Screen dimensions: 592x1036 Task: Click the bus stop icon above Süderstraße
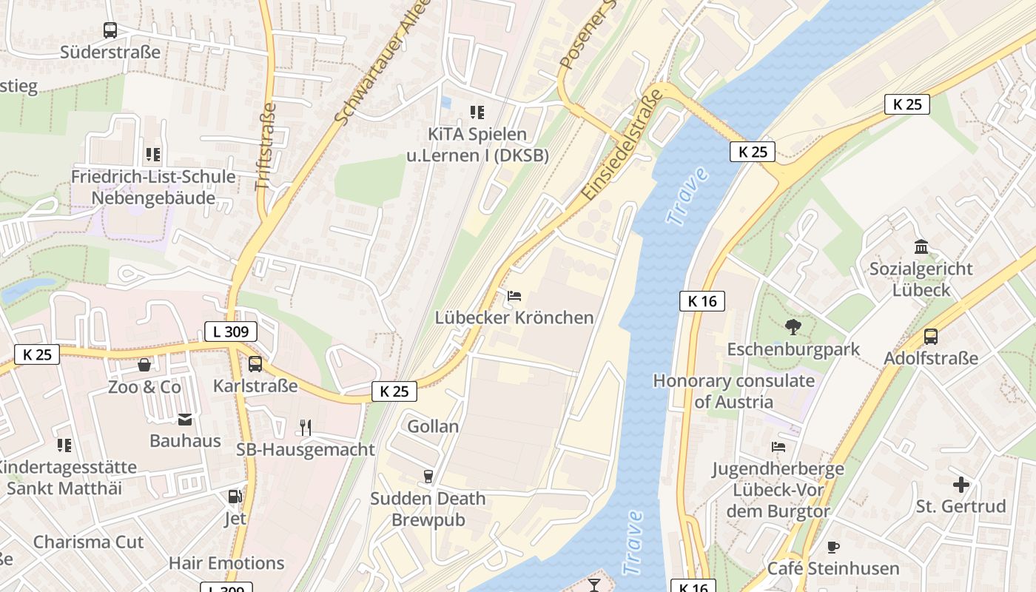click(110, 30)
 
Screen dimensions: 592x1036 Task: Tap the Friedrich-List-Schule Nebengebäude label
click(153, 187)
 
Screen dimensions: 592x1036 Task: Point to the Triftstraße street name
click(266, 147)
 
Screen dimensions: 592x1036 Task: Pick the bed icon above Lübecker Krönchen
click(514, 296)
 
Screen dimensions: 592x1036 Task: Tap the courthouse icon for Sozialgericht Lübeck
click(921, 246)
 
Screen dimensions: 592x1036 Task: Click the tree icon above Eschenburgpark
click(793, 326)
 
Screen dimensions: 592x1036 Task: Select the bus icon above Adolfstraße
click(931, 337)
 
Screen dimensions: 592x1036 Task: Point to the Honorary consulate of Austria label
click(733, 391)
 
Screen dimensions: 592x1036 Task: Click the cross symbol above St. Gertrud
click(961, 485)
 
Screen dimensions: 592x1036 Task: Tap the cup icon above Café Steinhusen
click(833, 547)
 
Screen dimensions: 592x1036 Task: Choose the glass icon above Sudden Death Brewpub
click(428, 476)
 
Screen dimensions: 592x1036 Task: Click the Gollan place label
click(433, 426)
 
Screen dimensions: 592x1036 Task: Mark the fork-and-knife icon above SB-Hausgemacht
click(305, 427)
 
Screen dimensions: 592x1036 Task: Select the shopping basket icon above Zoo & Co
click(144, 365)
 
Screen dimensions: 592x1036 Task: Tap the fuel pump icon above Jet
click(235, 497)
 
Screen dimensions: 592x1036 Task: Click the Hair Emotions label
click(226, 563)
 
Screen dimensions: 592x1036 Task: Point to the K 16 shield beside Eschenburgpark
click(702, 301)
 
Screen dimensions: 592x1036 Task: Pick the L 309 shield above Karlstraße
click(231, 332)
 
